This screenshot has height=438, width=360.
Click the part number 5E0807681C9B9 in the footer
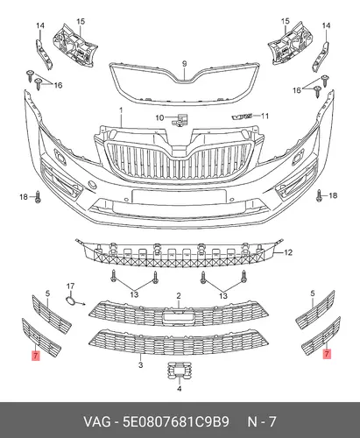pos(176,421)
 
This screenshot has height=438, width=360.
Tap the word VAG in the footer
pos(97,421)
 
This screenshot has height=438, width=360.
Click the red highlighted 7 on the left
pos(36,356)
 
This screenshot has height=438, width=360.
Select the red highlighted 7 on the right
pos(327,354)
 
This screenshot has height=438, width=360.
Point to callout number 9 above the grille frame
pos(184,64)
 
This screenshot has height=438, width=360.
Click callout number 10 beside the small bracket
pos(159,118)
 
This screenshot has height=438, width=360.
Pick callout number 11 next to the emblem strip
pos(265,117)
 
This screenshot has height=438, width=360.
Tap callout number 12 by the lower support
pos(288,252)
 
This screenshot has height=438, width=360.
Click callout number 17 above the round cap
pos(70,286)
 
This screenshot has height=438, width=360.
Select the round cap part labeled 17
pos(70,301)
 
